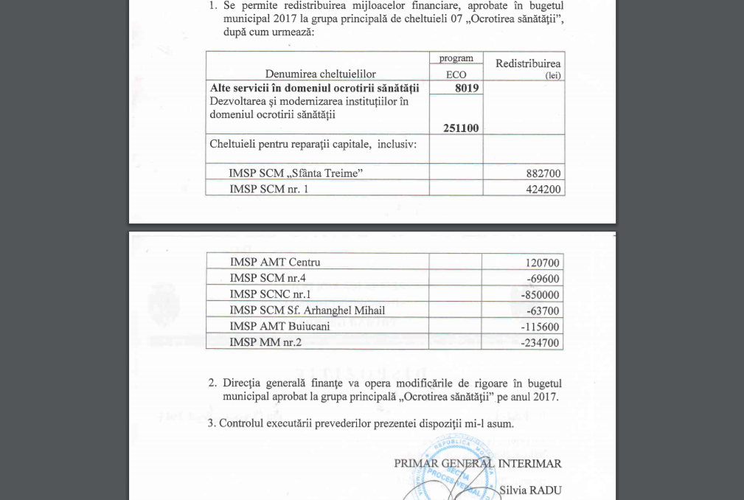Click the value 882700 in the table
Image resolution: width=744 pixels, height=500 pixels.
[544, 173]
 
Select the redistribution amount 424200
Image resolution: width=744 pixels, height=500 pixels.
[544, 189]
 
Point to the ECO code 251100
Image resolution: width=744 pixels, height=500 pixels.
[461, 128]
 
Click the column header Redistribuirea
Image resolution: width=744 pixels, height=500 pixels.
[528, 64]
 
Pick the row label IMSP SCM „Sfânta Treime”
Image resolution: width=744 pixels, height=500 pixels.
[296, 173]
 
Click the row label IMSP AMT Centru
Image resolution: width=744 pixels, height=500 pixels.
[275, 262]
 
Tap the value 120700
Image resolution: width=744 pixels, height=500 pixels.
[543, 263]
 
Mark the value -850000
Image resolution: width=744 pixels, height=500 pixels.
[541, 295]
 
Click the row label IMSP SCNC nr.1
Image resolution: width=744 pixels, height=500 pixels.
[270, 294]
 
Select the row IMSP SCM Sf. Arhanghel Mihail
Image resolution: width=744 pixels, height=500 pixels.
[307, 310]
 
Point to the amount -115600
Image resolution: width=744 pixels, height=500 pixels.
[541, 327]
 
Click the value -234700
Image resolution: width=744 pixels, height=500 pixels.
[541, 343]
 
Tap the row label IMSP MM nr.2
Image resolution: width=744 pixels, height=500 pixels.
[265, 342]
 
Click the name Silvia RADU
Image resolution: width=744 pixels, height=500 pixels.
[530, 490]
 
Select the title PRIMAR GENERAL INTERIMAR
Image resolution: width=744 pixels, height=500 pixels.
[478, 463]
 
